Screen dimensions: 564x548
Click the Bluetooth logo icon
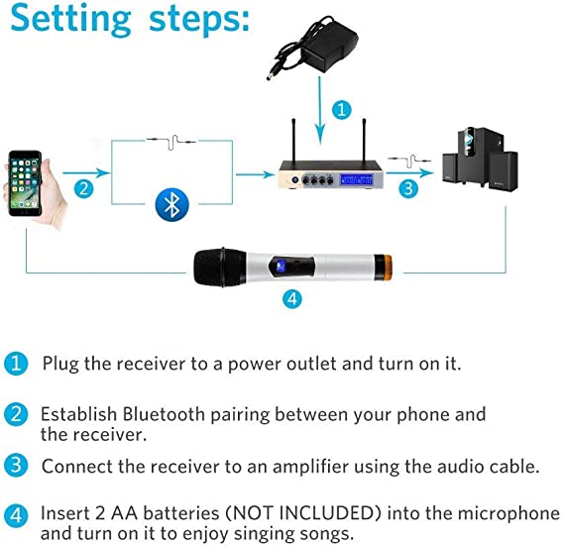pos(171,204)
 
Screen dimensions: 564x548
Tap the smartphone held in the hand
pos(25,183)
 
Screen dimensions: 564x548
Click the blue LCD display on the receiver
pos(357,179)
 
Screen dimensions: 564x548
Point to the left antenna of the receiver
pos(293,141)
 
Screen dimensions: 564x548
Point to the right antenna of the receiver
pos(364,141)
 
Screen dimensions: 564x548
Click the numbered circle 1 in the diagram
pos(341,109)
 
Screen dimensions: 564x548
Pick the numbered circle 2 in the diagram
pos(84,188)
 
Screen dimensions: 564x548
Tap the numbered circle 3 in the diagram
pos(408,188)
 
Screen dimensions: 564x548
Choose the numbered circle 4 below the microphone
pos(292,299)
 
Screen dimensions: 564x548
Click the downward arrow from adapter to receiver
pos(320,111)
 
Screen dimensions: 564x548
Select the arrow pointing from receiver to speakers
pos(410,173)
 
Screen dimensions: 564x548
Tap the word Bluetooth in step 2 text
pos(164,414)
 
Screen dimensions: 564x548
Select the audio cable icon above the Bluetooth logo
pos(171,142)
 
